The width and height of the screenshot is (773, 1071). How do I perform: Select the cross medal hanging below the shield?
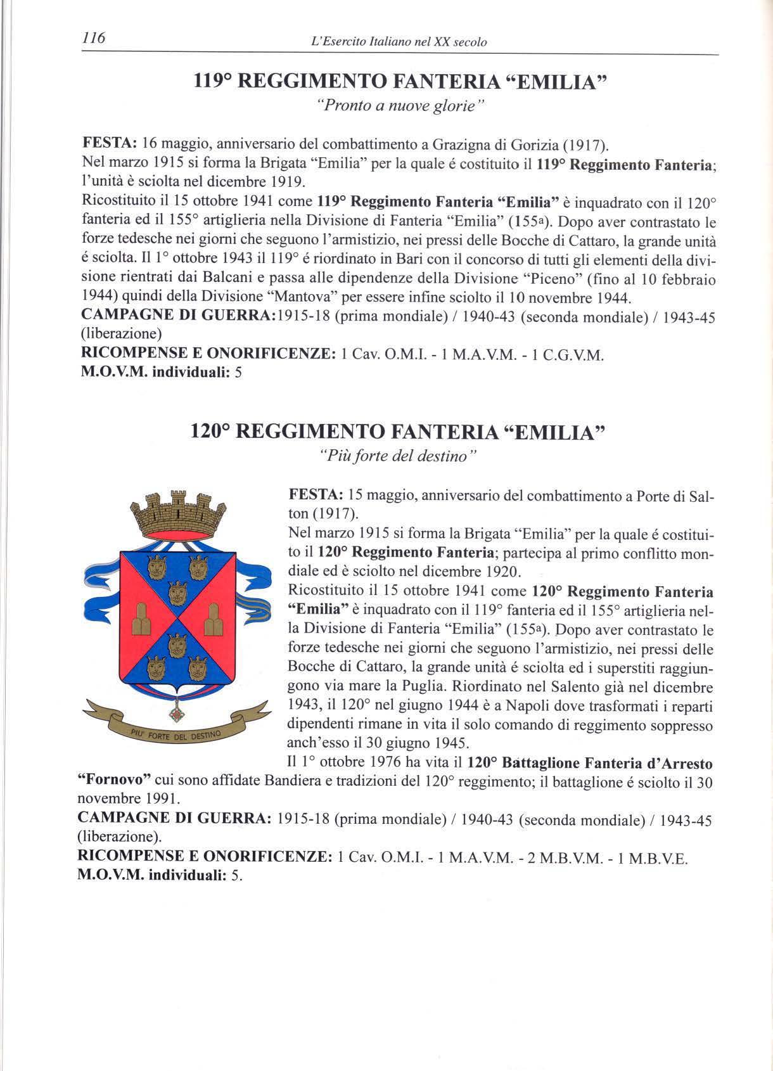pos(177,713)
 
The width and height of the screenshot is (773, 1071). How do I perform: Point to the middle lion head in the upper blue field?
pos(177,594)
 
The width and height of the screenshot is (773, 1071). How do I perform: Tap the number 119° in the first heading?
pos(214,82)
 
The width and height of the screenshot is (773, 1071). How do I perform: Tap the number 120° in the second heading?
pos(212,432)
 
